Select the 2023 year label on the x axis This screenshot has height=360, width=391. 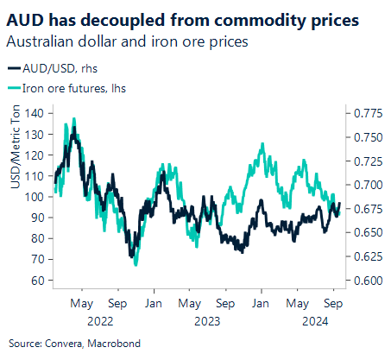[x=205, y=319]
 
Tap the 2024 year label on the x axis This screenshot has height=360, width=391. [x=312, y=319]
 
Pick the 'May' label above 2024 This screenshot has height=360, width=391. [x=296, y=304]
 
